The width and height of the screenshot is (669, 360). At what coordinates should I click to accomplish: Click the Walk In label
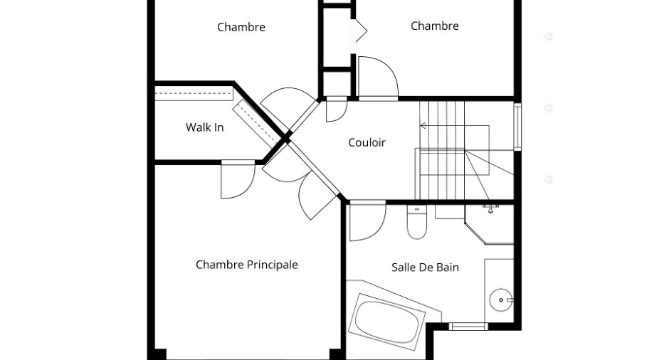[204, 127]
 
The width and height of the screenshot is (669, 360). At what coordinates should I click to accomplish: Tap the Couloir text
[367, 142]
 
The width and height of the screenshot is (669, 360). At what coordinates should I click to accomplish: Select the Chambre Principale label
[247, 265]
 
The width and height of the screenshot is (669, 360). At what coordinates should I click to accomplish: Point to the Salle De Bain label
[425, 268]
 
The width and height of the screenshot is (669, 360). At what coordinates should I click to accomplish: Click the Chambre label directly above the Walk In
[241, 27]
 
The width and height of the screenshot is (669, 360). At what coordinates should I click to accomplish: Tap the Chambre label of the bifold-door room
[434, 26]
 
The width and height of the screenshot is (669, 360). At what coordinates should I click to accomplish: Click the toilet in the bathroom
[416, 222]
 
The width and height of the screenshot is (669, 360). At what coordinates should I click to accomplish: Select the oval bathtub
[386, 322]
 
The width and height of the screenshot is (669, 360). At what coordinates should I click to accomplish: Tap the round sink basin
[500, 300]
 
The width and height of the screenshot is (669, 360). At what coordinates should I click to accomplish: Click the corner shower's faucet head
[490, 208]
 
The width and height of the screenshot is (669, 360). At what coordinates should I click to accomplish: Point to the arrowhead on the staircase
[423, 126]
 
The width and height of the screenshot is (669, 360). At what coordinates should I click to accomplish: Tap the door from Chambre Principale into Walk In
[238, 181]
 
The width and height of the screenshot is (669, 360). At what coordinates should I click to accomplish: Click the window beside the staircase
[517, 126]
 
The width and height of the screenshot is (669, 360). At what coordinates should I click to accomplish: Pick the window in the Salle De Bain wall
[468, 327]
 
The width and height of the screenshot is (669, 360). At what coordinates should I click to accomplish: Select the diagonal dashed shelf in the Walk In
[257, 124]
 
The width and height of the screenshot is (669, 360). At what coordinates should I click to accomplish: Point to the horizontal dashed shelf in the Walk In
[194, 93]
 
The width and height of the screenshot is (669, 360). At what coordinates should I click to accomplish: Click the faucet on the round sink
[509, 300]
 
